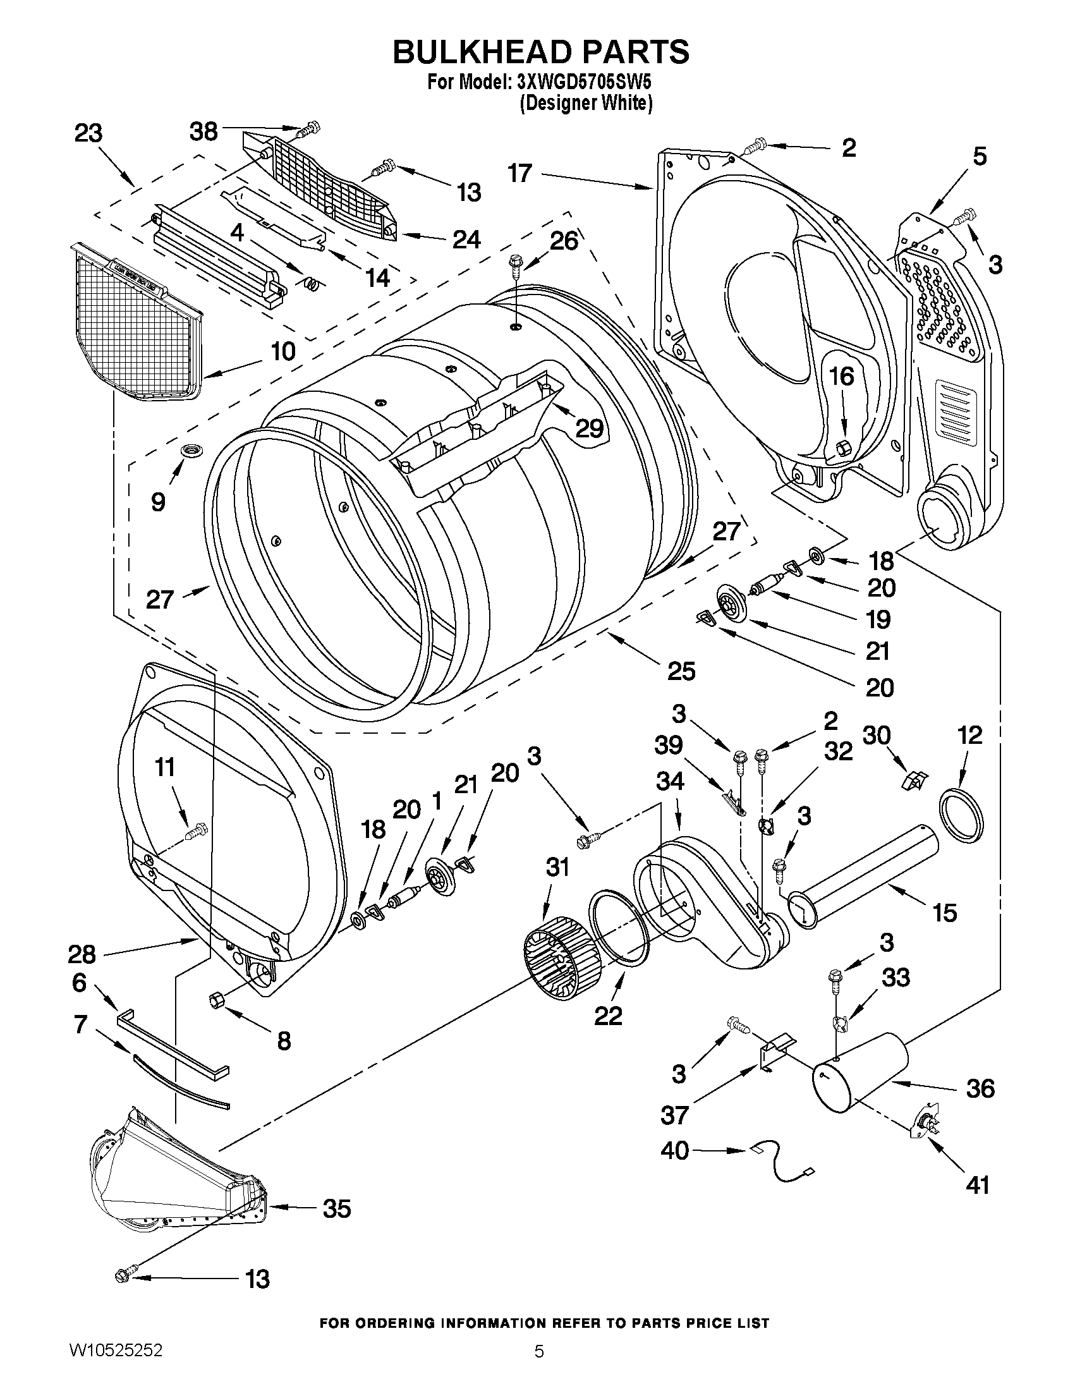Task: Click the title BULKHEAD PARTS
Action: (x=540, y=52)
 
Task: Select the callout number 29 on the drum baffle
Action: (x=588, y=427)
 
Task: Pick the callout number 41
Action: (x=978, y=1185)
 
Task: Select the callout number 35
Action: (x=337, y=1208)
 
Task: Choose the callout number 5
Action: (x=980, y=156)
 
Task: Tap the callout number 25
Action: (x=681, y=670)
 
